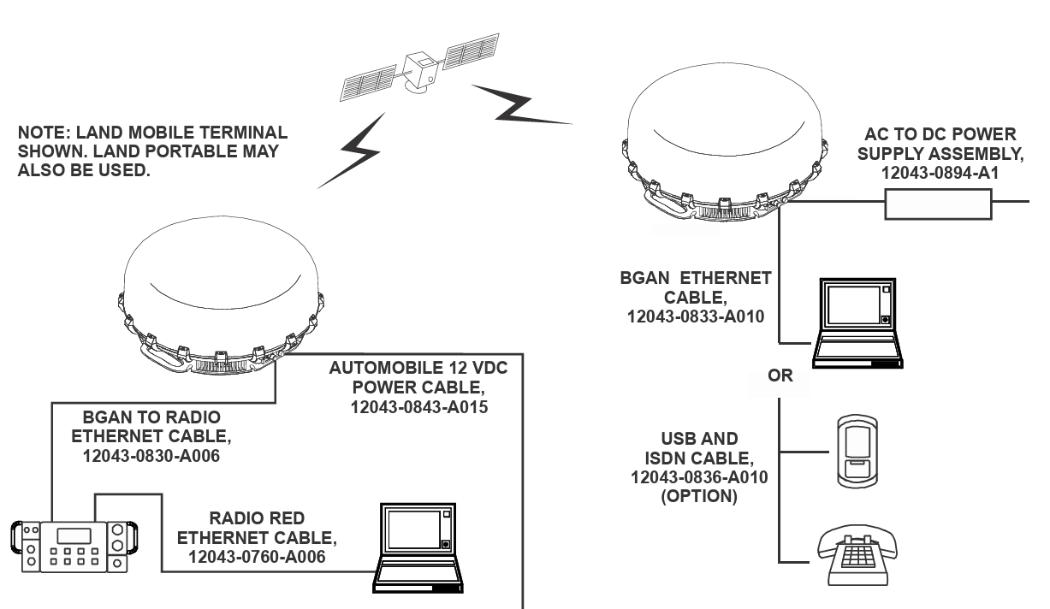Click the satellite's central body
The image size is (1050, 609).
point(420,71)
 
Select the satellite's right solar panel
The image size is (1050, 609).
point(471,50)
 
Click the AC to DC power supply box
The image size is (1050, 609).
point(938,204)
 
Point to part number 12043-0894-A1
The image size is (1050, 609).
point(940,173)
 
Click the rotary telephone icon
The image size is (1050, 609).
point(857,554)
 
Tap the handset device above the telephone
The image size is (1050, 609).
point(857,451)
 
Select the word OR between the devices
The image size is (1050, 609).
point(780,375)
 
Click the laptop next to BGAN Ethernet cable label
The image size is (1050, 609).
point(857,322)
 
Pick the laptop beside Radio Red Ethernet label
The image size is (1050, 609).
point(418,548)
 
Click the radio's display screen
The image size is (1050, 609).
point(74,536)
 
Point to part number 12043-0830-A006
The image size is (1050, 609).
point(151,456)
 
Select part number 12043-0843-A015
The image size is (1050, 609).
point(419,407)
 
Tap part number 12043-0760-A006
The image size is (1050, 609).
point(257,557)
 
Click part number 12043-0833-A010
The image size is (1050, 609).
point(696,316)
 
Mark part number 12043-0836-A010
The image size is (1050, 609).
point(699,477)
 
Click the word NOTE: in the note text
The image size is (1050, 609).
point(44,133)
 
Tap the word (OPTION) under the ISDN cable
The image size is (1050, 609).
point(699,496)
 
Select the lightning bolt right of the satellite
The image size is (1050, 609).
point(521,105)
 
